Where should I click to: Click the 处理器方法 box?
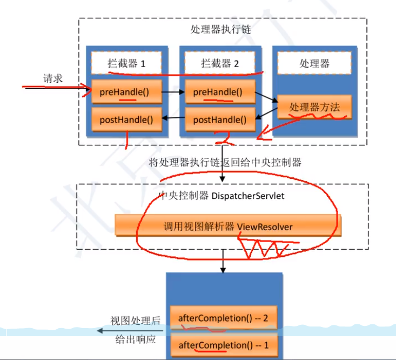tap(315, 107)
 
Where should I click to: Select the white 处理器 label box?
tap(314, 63)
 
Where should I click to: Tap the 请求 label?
tap(53, 79)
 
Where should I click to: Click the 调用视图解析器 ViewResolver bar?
tap(228, 226)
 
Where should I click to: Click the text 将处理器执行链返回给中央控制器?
tap(224, 162)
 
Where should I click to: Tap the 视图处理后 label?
tap(136, 321)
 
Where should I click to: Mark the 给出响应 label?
tap(136, 340)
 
